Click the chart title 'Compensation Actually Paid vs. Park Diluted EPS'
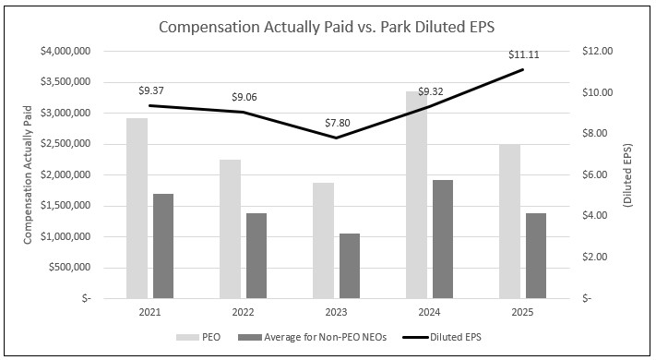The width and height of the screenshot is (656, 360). (328, 27)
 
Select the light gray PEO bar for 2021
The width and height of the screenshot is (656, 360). (137, 208)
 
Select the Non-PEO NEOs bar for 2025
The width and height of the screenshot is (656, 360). (535, 256)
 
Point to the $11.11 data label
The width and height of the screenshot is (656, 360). (522, 55)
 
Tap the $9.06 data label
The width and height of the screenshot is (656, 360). (244, 96)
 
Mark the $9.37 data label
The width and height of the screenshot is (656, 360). (150, 90)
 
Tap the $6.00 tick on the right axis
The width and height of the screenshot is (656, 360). (594, 174)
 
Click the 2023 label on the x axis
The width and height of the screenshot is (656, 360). (336, 314)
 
